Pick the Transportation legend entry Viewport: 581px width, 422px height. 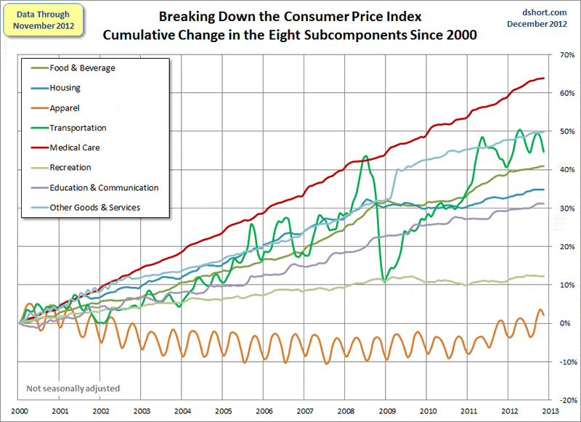78,128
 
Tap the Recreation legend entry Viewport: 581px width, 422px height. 70,167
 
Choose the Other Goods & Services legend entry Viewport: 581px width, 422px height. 94,207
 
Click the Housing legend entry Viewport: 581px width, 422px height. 65,88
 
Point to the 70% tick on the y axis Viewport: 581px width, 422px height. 565,54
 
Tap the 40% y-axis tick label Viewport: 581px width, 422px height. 565,170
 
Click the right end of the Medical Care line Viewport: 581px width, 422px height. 545,78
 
